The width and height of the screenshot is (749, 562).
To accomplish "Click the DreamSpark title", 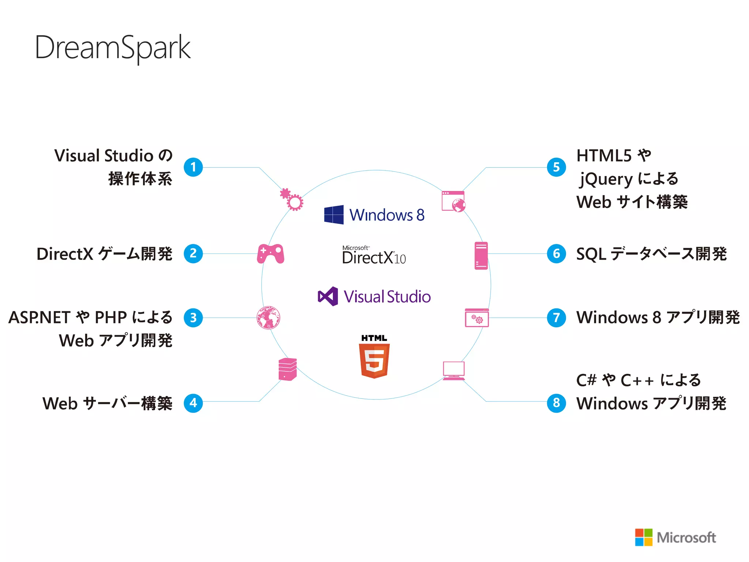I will (113, 48).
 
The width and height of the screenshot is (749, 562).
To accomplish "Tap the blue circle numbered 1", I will (193, 167).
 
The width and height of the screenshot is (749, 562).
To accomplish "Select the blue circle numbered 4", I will (193, 403).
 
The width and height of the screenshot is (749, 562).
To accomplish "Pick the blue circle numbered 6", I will (556, 254).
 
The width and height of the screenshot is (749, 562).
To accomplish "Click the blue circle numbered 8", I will (556, 403).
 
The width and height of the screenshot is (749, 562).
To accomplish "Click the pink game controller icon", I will (271, 254).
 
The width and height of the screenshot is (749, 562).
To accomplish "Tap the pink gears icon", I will (292, 200).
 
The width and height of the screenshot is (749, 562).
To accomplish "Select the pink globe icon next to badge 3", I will (268, 318).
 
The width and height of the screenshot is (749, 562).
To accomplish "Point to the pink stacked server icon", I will (287, 369).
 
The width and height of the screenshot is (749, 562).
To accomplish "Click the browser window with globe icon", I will (453, 201).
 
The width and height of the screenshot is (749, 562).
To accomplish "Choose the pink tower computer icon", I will (481, 255).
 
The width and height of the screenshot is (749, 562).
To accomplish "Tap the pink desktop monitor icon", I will (453, 371).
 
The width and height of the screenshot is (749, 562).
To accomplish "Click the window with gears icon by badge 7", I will (477, 318).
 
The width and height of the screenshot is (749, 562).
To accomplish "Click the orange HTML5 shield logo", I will (374, 360).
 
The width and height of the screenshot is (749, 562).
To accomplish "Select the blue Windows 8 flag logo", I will (334, 214).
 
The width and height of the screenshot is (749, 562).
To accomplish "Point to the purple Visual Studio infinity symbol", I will (328, 296).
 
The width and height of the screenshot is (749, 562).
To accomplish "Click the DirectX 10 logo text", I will (374, 256).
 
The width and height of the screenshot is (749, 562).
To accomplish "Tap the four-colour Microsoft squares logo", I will (644, 537).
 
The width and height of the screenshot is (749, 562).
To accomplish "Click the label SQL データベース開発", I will (651, 254).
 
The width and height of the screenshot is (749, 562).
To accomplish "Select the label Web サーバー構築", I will (107, 403).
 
